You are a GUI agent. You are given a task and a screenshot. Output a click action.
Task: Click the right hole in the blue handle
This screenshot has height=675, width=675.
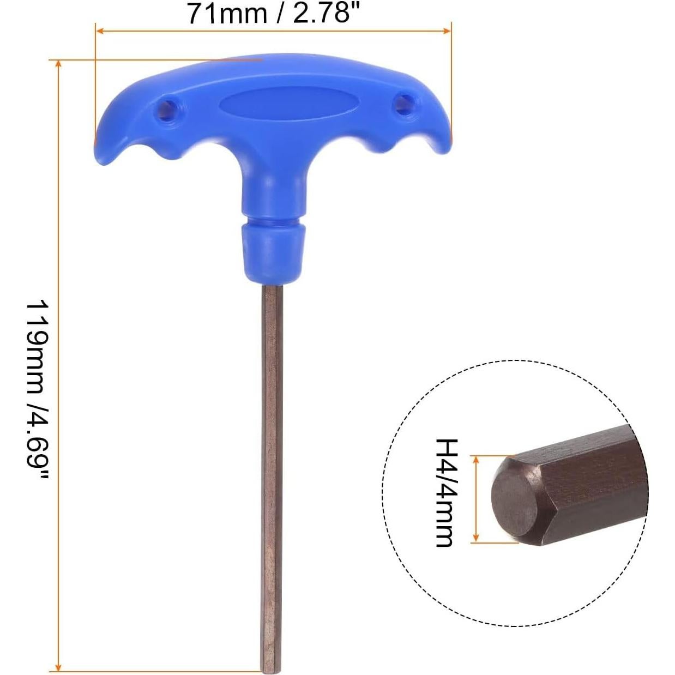click(x=405, y=103)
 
